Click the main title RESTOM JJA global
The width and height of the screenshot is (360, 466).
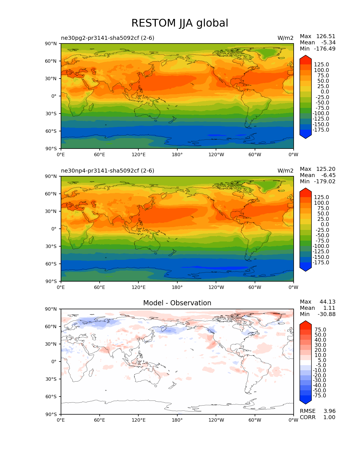click(180, 23)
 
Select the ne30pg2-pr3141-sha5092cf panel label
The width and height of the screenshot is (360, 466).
click(108, 38)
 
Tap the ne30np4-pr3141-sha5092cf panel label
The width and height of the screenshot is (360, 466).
click(108, 171)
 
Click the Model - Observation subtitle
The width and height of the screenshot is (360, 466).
click(177, 303)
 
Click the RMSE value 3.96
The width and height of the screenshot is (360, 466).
click(329, 411)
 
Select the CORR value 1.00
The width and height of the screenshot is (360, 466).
click(329, 417)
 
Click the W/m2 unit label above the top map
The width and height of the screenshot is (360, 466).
click(285, 38)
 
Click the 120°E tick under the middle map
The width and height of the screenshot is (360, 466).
click(139, 288)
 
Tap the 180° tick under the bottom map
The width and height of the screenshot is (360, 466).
click(177, 420)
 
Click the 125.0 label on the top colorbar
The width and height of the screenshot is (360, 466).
click(322, 65)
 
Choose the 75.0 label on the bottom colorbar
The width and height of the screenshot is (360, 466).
click(320, 330)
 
